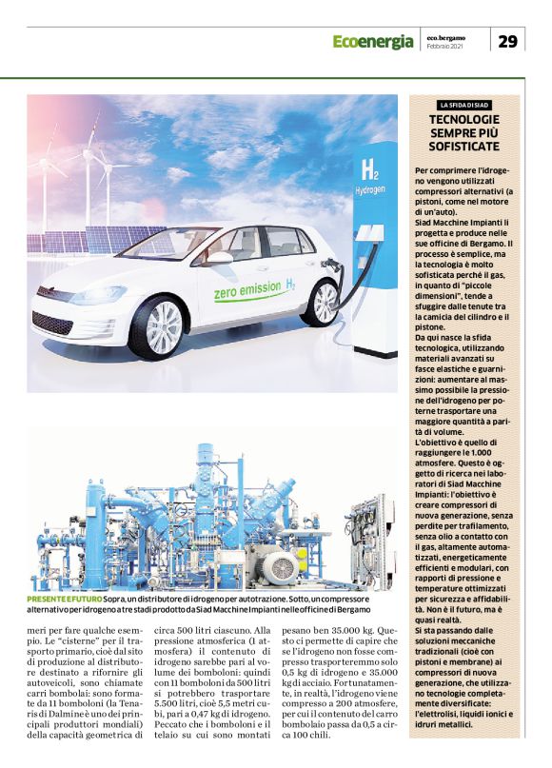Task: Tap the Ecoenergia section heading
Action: pos(372,41)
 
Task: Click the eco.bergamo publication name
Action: pos(444,36)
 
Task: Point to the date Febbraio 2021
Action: pos(445,48)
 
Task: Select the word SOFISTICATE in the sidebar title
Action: pos(464,149)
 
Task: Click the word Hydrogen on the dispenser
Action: pos(370,190)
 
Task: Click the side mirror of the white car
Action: pos(220,258)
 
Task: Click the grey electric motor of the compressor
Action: pos(282,569)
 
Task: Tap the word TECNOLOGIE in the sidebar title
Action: pos(464,119)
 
